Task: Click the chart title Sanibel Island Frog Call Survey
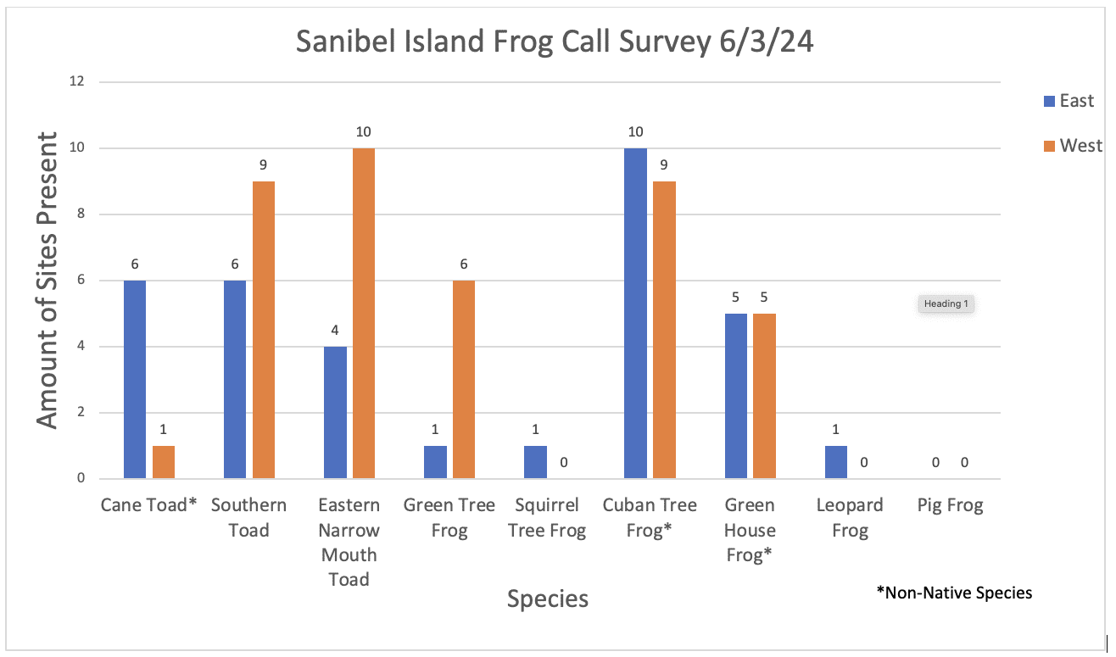[x=555, y=42]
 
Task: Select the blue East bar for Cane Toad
[x=135, y=379]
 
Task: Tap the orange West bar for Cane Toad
[x=164, y=462]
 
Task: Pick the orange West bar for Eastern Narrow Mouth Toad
[x=364, y=313]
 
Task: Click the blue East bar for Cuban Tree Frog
[x=635, y=313]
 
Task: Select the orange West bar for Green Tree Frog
[x=463, y=379]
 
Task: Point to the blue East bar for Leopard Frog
[x=835, y=462]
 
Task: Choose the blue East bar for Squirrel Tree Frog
[x=535, y=462]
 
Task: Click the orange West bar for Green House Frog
[x=764, y=396]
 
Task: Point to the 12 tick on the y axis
[x=78, y=82]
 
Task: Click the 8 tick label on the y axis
[x=81, y=214]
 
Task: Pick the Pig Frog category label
[x=950, y=506]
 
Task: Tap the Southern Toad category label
[x=248, y=518]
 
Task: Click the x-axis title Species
[x=547, y=599]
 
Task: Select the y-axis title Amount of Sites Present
[x=48, y=280]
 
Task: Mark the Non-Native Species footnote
[x=954, y=593]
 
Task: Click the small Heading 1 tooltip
[x=946, y=304]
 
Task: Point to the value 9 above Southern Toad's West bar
[x=264, y=164]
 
